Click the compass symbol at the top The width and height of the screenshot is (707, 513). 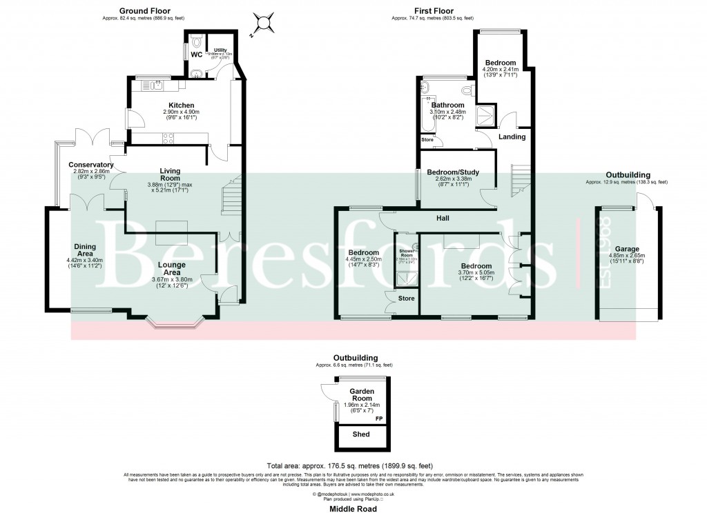(x=263, y=23)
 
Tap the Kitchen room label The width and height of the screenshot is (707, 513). (x=172, y=105)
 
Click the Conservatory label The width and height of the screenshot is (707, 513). (x=90, y=165)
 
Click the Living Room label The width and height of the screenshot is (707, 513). (x=171, y=175)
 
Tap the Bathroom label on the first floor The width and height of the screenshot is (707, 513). (x=448, y=105)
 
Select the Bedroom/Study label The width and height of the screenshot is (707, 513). (x=454, y=172)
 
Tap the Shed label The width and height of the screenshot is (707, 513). (x=361, y=434)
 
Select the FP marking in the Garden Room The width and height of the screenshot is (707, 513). (x=378, y=419)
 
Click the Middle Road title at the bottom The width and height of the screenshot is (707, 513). (x=353, y=509)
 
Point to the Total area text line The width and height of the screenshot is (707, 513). (x=353, y=466)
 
